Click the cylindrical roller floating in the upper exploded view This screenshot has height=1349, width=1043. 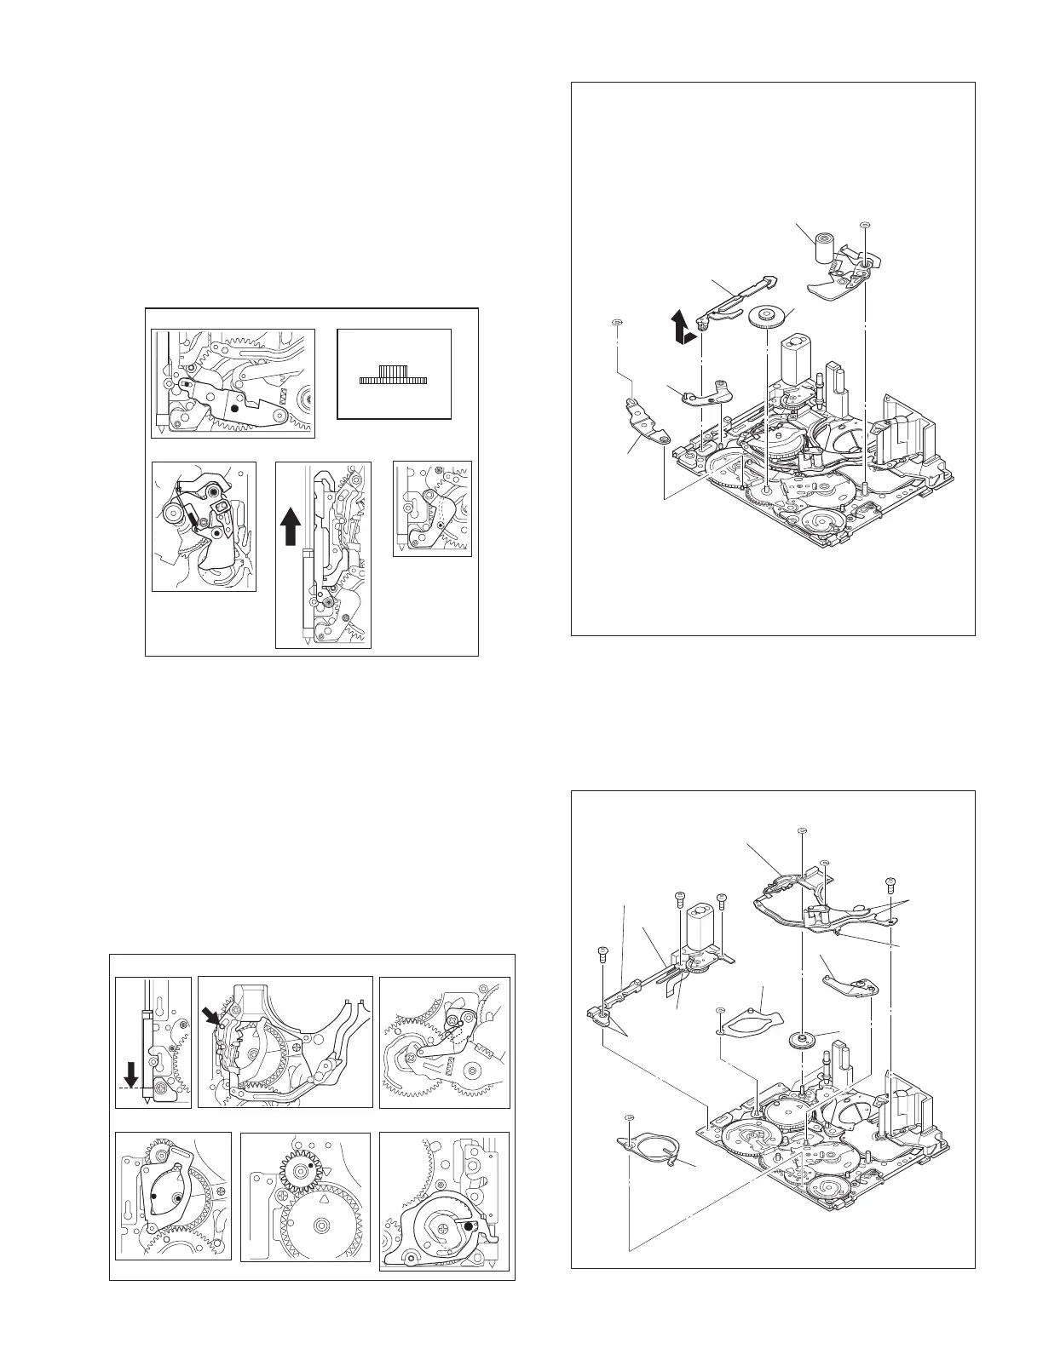(822, 248)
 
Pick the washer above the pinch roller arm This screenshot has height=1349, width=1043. (865, 226)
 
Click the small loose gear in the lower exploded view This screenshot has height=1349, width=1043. (801, 1039)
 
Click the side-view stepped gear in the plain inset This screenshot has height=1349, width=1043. (395, 376)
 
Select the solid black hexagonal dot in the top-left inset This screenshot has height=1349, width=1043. (235, 409)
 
